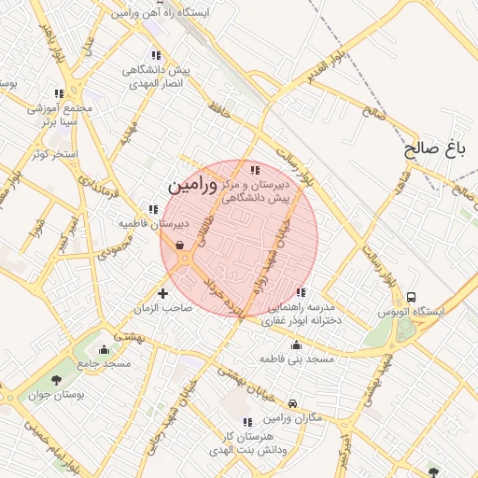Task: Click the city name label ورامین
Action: (x=190, y=187)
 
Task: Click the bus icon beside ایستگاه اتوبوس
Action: (x=412, y=298)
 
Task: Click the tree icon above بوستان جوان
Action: (x=57, y=380)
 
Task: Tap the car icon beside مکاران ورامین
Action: (x=293, y=404)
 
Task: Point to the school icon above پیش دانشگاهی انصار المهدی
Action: (x=155, y=55)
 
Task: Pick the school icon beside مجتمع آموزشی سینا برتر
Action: (x=60, y=93)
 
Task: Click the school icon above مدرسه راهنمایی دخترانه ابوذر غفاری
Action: (x=300, y=291)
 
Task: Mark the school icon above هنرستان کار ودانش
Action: (x=246, y=423)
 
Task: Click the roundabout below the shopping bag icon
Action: (x=184, y=259)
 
